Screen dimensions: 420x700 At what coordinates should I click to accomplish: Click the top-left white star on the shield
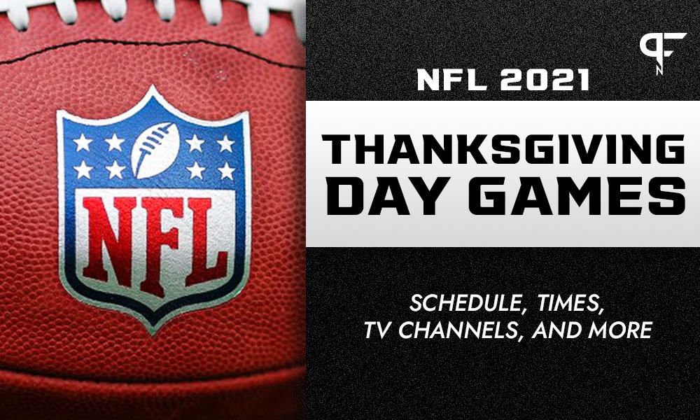click(x=83, y=142)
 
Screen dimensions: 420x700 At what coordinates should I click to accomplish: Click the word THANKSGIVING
click(x=502, y=150)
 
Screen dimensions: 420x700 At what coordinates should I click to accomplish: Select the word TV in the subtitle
click(x=378, y=331)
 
